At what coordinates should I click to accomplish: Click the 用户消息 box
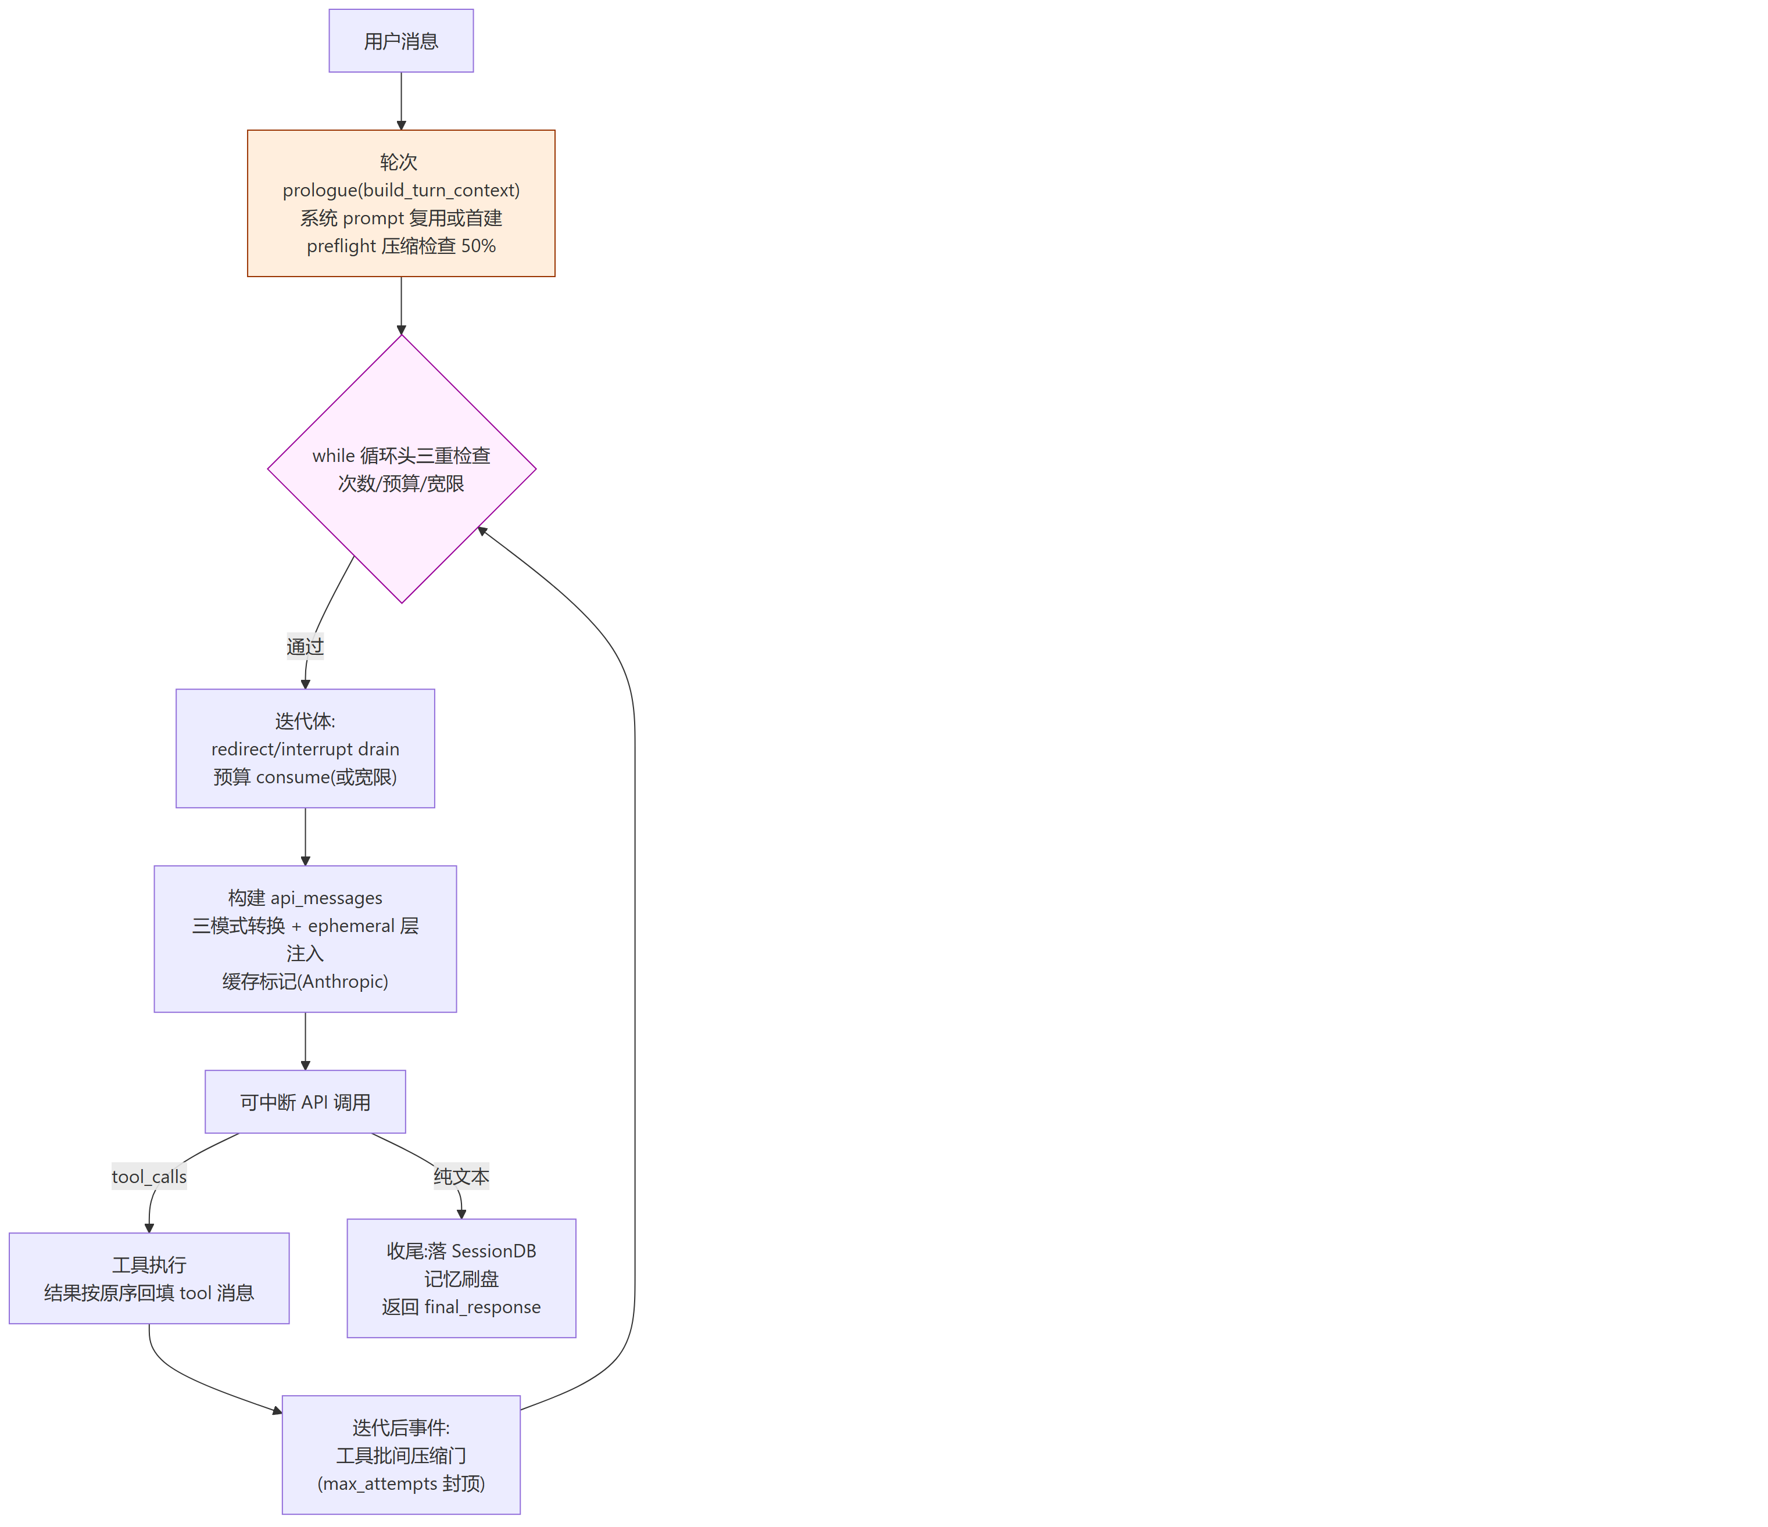pos(401,41)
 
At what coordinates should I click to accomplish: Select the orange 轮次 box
pos(401,203)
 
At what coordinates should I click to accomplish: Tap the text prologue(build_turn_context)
pos(401,190)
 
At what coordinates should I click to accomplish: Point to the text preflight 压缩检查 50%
pos(401,246)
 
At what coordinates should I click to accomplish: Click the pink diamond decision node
pos(402,469)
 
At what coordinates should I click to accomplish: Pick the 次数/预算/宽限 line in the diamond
pos(401,483)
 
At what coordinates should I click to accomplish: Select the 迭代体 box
pos(306,748)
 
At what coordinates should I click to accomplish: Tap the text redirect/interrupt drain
pos(306,749)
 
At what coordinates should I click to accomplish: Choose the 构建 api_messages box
pos(306,939)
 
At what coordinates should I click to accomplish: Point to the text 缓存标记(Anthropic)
pos(306,981)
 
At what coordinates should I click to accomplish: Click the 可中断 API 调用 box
pos(306,1102)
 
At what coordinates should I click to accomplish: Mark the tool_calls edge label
pos(149,1177)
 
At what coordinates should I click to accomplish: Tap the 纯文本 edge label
pos(461,1177)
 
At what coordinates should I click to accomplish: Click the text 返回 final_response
pos(461,1307)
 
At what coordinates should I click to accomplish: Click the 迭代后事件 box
pos(401,1456)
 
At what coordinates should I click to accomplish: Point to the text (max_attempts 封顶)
pos(401,1483)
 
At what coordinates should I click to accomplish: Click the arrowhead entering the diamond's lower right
pos(481,530)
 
